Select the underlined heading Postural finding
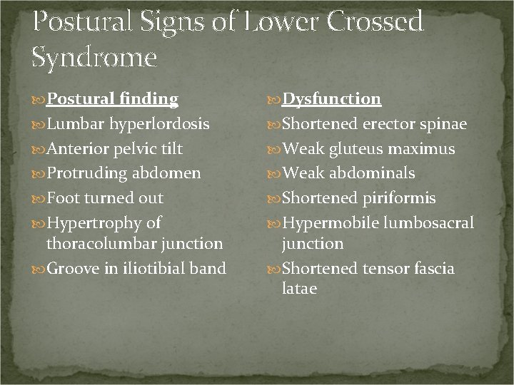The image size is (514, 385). coord(112,98)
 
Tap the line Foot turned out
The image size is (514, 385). coord(105,198)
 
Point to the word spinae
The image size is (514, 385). coord(443,124)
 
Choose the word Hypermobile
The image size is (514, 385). coord(333,223)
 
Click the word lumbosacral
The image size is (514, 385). coord(430,223)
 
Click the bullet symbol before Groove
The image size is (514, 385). coord(39,269)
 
